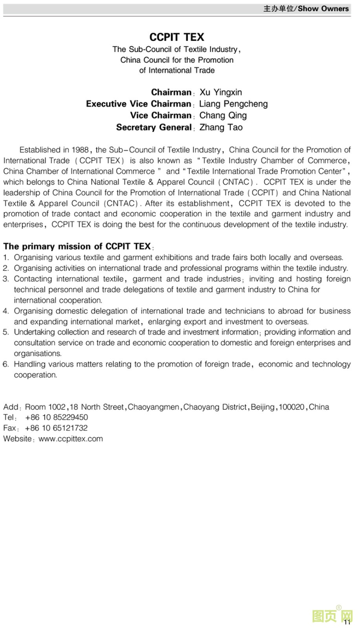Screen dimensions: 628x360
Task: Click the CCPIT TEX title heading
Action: pyautogui.click(x=177, y=37)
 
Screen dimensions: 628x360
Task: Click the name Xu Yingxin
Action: pyautogui.click(x=221, y=93)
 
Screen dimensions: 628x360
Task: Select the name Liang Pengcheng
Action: pyautogui.click(x=233, y=104)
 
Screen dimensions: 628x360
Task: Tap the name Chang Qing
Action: pyautogui.click(x=223, y=115)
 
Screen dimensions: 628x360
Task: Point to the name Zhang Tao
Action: pyautogui.click(x=221, y=127)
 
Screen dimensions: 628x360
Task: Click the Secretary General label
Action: pyautogui.click(x=154, y=127)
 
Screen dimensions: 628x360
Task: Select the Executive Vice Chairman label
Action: pyautogui.click(x=138, y=104)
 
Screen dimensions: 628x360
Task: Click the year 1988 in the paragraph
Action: pyautogui.click(x=80, y=150)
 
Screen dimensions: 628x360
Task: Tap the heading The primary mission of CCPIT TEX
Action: pyautogui.click(x=77, y=246)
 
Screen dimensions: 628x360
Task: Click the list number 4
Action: pyautogui.click(x=5, y=311)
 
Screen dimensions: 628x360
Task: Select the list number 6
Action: pyautogui.click(x=5, y=364)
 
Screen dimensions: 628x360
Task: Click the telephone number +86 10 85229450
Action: pyautogui.click(x=57, y=418)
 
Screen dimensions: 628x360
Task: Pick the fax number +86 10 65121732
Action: pyautogui.click(x=56, y=428)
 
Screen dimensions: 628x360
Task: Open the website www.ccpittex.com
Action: pyautogui.click(x=71, y=439)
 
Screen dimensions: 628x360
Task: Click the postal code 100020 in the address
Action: pyautogui.click(x=291, y=407)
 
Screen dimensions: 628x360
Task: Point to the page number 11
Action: pyautogui.click(x=347, y=622)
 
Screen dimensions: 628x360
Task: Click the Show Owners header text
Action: pyautogui.click(x=323, y=9)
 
